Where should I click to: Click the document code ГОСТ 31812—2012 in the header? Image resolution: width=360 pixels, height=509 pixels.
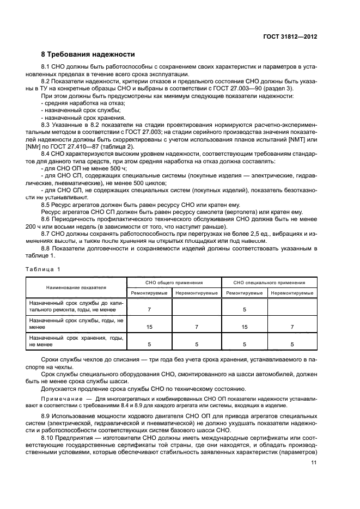point(290,36)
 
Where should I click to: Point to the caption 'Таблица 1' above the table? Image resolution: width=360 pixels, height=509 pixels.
point(44,269)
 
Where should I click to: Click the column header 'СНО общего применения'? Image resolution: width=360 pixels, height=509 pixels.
point(174,283)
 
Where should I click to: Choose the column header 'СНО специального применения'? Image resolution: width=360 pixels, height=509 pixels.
point(269,283)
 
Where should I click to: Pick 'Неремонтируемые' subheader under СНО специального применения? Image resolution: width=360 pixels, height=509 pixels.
point(292,293)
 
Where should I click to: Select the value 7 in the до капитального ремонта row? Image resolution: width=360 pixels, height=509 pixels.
point(149,309)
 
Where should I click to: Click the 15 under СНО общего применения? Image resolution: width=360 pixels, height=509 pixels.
point(149,327)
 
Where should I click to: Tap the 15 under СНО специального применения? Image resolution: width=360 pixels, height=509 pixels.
point(245,327)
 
